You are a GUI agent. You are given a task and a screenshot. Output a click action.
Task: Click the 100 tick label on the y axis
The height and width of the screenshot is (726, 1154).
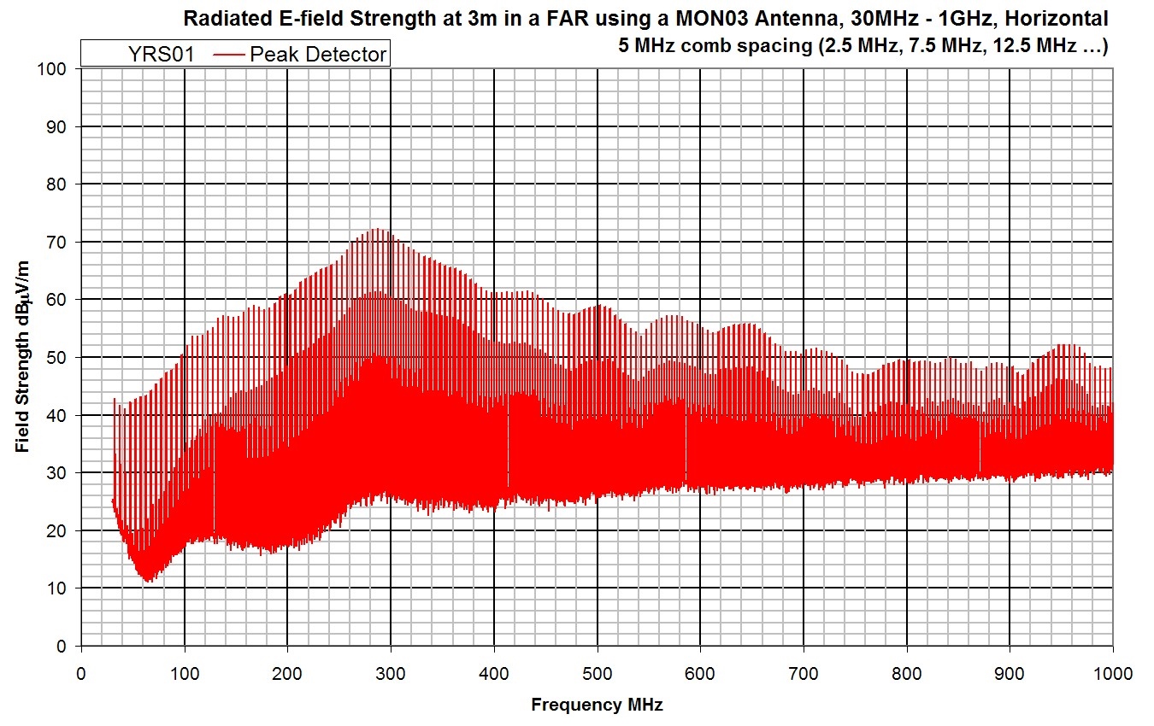click(56, 69)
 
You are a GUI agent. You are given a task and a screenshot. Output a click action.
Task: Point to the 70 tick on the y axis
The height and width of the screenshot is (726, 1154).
click(60, 243)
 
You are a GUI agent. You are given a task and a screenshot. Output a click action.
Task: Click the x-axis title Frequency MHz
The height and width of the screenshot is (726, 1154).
click(597, 706)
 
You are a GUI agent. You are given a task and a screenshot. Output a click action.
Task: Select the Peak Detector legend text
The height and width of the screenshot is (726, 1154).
click(319, 56)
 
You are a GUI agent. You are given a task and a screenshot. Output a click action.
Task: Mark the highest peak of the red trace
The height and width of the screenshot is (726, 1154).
click(377, 229)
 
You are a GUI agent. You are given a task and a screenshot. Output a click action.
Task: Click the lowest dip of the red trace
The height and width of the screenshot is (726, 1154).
click(149, 582)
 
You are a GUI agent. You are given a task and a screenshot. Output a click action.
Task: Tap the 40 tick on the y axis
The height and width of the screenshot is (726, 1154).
click(60, 415)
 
